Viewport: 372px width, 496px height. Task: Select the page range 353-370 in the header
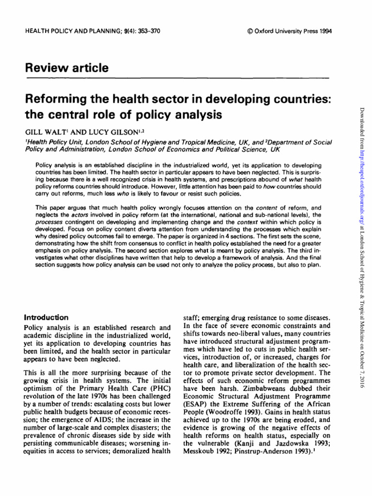pos(144,31)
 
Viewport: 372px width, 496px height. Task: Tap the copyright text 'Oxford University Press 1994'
pos(293,31)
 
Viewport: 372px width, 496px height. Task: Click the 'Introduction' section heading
pos(46,317)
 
